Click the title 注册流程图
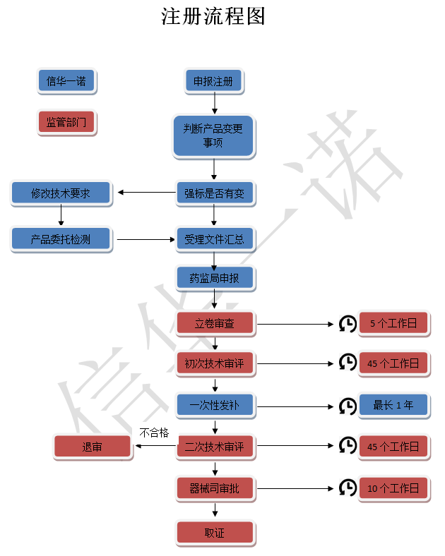pyautogui.click(x=213, y=17)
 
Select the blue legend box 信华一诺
pyautogui.click(x=66, y=82)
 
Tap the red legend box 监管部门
pyautogui.click(x=66, y=123)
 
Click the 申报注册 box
pyautogui.click(x=213, y=82)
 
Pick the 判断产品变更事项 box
pyautogui.click(x=213, y=135)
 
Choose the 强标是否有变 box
pyautogui.click(x=214, y=193)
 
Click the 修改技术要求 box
pyautogui.click(x=61, y=193)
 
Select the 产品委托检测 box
pyautogui.click(x=61, y=239)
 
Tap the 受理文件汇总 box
pyautogui.click(x=214, y=239)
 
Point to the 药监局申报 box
pyautogui.click(x=214, y=279)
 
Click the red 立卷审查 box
pyautogui.click(x=215, y=324)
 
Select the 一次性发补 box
pyautogui.click(x=215, y=405)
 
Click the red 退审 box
pyautogui.click(x=93, y=446)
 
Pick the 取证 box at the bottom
pyautogui.click(x=215, y=533)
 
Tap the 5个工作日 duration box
pyautogui.click(x=393, y=324)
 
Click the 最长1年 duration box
pyautogui.click(x=393, y=405)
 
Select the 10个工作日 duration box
pyautogui.click(x=393, y=488)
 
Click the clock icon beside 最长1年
pyautogui.click(x=348, y=406)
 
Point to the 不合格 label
pyautogui.click(x=154, y=433)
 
